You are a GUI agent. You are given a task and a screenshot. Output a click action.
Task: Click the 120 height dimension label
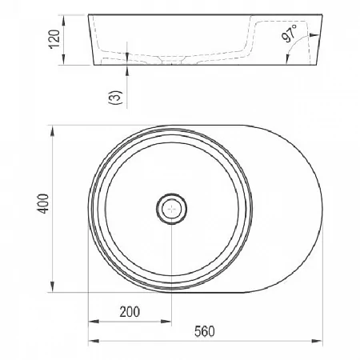click(x=54, y=39)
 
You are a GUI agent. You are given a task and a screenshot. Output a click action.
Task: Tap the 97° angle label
click(x=290, y=33)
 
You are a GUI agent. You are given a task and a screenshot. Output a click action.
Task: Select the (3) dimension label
click(x=115, y=98)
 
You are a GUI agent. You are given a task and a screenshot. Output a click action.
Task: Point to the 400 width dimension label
click(x=43, y=203)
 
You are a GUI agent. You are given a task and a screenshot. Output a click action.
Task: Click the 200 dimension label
click(x=130, y=312)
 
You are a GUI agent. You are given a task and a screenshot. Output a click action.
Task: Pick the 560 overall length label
click(x=205, y=331)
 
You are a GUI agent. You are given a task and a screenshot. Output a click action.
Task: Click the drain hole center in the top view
click(x=171, y=209)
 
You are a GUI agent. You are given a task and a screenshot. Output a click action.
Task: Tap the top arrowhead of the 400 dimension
click(x=53, y=132)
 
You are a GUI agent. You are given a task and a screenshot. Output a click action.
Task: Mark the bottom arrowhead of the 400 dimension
click(x=53, y=286)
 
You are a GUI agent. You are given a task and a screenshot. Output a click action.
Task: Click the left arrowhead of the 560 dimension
click(x=94, y=341)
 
